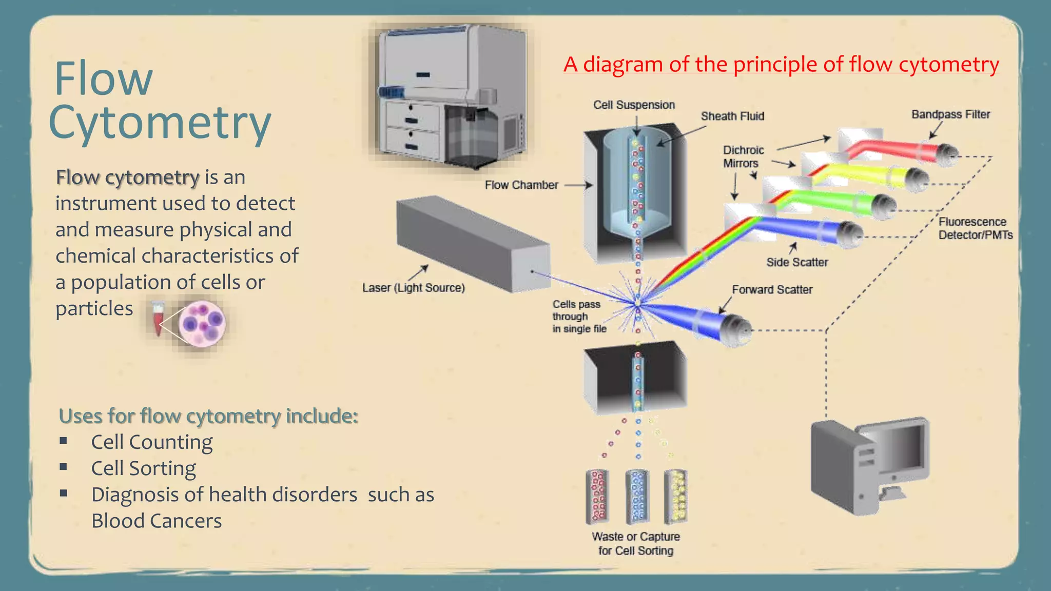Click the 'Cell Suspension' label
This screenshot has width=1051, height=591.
(x=634, y=105)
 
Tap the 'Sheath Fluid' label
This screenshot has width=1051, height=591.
(x=732, y=116)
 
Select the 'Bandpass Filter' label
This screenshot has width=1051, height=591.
(x=950, y=114)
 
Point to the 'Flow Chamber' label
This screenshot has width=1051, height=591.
(x=521, y=185)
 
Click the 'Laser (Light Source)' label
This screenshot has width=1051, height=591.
(x=414, y=288)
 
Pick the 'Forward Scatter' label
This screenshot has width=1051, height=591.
(x=772, y=290)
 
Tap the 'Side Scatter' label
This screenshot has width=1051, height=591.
(x=797, y=263)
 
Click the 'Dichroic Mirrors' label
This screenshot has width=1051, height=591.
(x=743, y=157)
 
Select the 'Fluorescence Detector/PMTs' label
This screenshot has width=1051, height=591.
(x=975, y=229)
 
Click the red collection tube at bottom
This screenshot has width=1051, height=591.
(x=598, y=496)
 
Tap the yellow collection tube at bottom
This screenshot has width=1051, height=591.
(x=676, y=496)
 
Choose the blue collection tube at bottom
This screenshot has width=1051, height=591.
(x=637, y=496)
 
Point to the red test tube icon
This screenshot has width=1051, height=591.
(x=158, y=318)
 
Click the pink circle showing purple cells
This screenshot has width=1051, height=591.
(x=202, y=324)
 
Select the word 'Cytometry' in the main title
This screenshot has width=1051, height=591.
(x=160, y=123)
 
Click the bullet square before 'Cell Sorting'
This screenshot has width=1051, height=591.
(x=64, y=467)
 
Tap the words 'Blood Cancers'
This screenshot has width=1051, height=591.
(x=157, y=521)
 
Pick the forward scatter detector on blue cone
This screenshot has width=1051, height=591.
(x=734, y=330)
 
